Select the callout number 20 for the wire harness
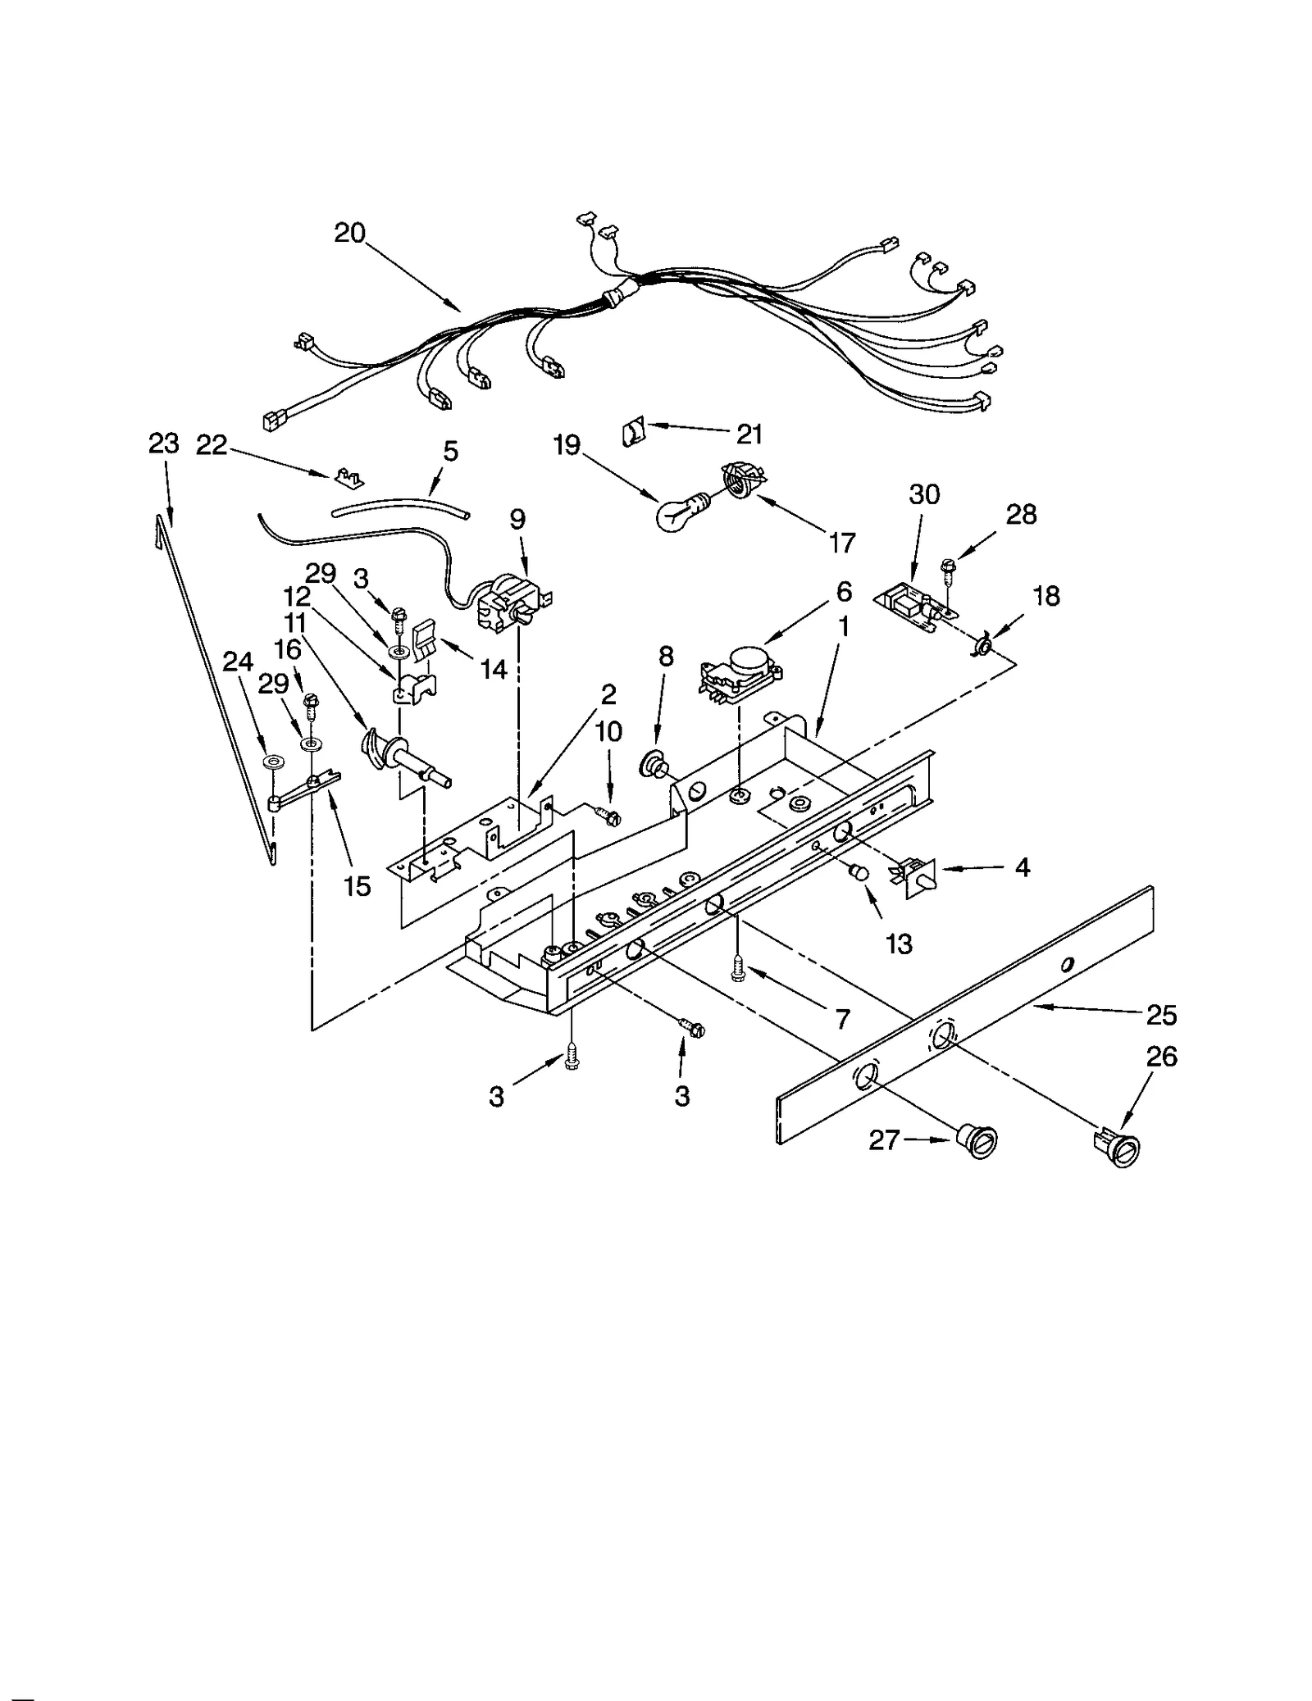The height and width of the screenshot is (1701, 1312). [349, 234]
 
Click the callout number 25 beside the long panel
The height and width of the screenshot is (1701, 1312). [1161, 1015]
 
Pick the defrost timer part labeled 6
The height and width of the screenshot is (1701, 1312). [740, 675]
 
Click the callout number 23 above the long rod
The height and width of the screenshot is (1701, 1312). [163, 443]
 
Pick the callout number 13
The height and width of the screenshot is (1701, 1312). [899, 944]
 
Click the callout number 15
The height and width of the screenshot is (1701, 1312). [358, 885]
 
